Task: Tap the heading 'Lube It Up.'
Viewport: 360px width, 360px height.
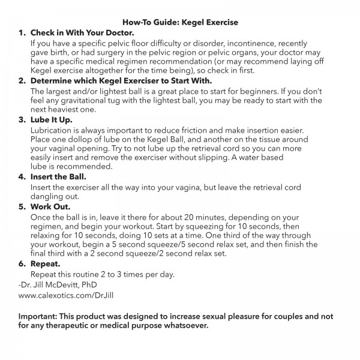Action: pos(56,120)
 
